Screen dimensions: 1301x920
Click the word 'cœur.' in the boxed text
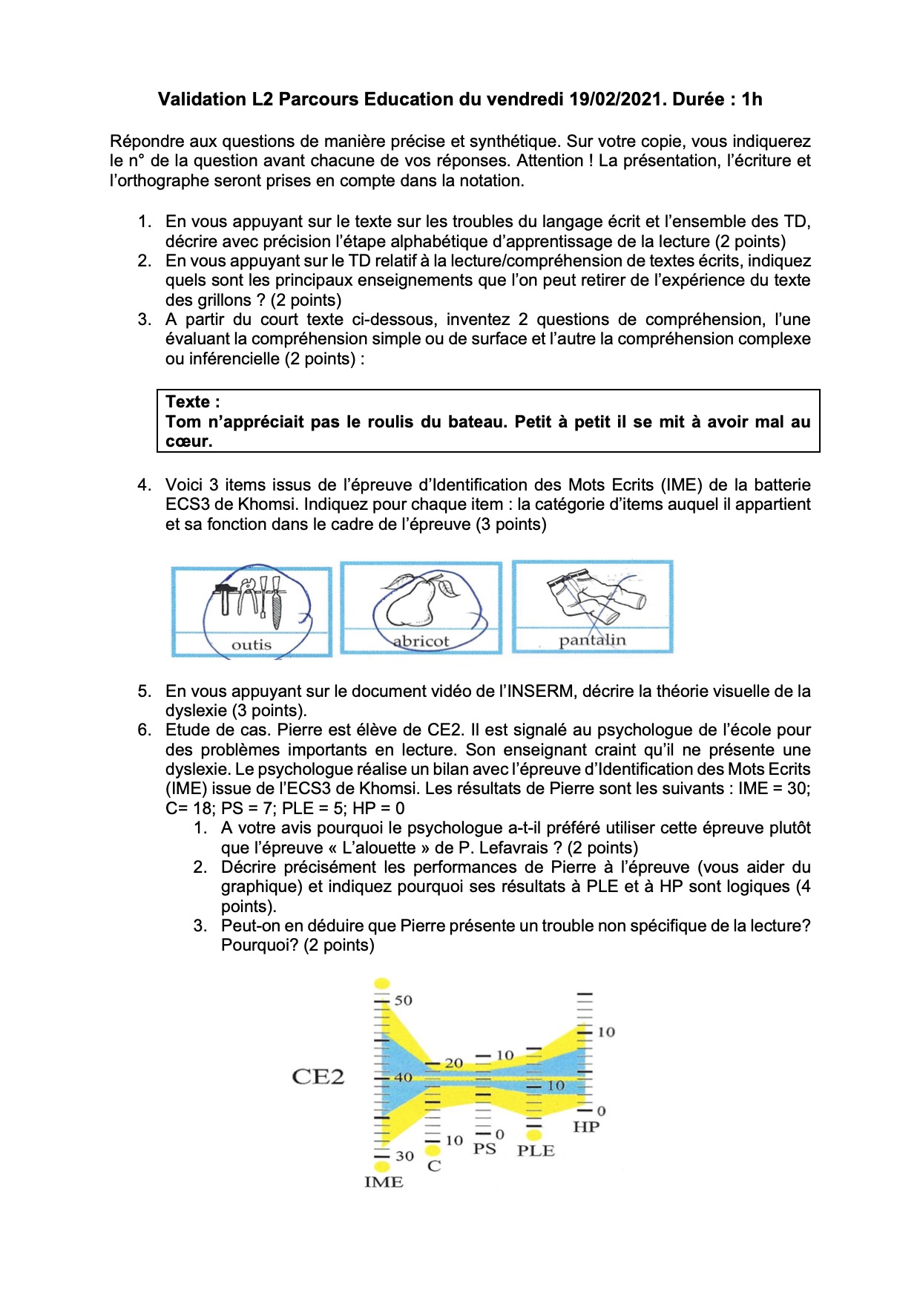(188, 441)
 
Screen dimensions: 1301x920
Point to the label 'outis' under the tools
(252, 645)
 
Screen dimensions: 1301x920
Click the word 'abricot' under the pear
(421, 641)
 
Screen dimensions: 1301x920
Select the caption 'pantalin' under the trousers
(592, 640)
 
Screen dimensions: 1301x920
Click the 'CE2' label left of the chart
(318, 1077)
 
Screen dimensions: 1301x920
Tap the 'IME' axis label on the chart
(384, 1182)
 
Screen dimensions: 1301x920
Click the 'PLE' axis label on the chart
(536, 1150)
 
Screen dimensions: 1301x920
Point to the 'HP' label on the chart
(586, 1127)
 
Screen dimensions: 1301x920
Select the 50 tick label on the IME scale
(403, 1000)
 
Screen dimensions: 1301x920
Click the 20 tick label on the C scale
(453, 1064)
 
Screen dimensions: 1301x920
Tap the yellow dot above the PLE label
(533, 1134)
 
